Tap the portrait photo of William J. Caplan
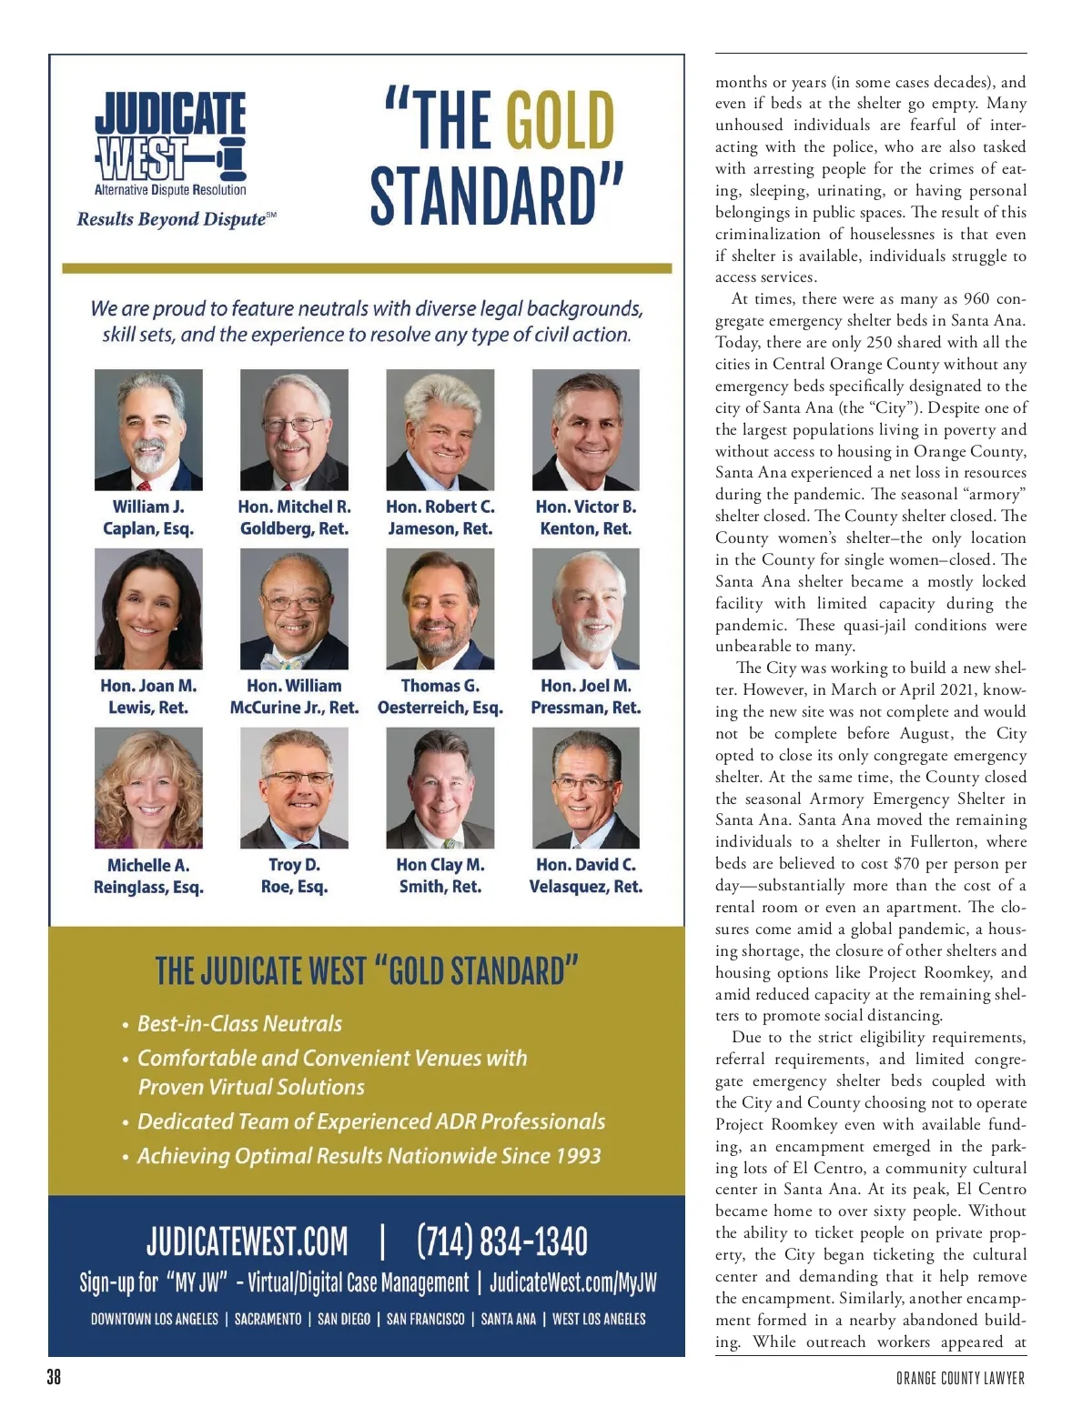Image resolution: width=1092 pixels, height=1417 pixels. (148, 429)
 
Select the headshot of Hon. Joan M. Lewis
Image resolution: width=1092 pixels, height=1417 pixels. (148, 608)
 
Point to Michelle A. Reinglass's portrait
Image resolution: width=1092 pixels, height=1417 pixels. (148, 788)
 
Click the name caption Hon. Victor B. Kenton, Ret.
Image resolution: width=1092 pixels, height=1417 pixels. (586, 518)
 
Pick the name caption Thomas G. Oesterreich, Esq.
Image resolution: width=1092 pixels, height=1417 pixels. (440, 697)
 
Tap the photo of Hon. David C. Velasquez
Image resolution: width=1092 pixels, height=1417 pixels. (586, 788)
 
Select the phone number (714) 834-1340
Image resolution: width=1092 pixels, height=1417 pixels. (501, 1241)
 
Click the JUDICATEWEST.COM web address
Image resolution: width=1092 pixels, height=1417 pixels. (248, 1241)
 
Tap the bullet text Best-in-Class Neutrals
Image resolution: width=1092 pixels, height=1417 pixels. (239, 1023)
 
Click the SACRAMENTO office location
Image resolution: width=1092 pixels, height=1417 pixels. (268, 1319)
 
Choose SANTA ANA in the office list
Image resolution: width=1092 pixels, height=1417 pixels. (508, 1319)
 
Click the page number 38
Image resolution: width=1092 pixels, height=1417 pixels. (54, 1377)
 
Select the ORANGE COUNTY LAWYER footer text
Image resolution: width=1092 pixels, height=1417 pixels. (960, 1379)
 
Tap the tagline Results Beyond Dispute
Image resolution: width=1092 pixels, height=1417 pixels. (171, 219)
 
